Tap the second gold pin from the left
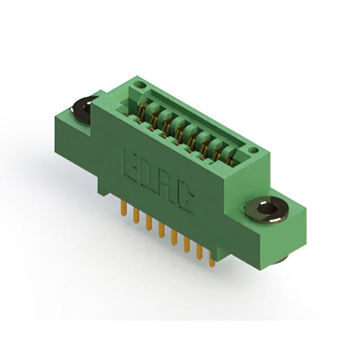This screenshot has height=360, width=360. tap(136, 216)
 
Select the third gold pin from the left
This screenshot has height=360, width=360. tap(148, 223)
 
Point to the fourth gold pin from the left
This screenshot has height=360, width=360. tap(161, 231)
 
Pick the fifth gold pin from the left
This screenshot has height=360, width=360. tap(174, 237)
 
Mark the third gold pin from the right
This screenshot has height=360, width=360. tap(187, 245)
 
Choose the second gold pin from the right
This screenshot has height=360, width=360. tap(199, 252)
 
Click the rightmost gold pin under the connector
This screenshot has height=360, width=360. tap(212, 259)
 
